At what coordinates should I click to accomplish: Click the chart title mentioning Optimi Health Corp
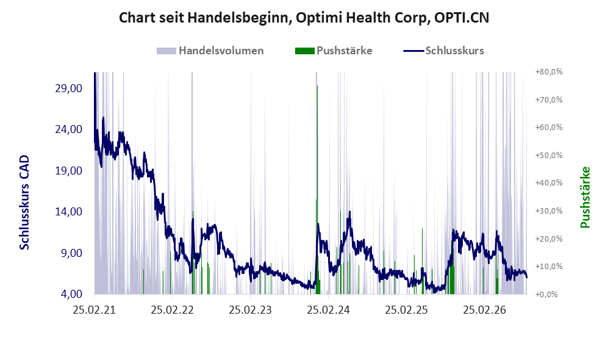pyautogui.click(x=304, y=18)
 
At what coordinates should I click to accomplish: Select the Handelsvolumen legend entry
pyautogui.click(x=210, y=51)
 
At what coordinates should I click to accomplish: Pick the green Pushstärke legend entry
pyautogui.click(x=334, y=51)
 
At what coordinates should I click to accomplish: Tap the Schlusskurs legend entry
pyautogui.click(x=443, y=51)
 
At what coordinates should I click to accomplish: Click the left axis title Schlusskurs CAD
pyautogui.click(x=24, y=202)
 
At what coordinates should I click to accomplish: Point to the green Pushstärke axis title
pyautogui.click(x=585, y=197)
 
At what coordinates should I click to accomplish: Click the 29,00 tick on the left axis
pyautogui.click(x=69, y=88)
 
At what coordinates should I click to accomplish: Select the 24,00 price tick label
pyautogui.click(x=69, y=129)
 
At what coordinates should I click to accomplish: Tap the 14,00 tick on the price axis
pyautogui.click(x=69, y=211)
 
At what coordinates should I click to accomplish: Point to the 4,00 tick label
pyautogui.click(x=71, y=293)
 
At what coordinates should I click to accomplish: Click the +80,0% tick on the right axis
pyautogui.click(x=549, y=72)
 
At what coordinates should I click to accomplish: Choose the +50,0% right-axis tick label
pyautogui.click(x=549, y=155)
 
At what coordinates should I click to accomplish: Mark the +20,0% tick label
pyautogui.click(x=549, y=239)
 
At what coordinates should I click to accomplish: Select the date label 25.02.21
pyautogui.click(x=95, y=310)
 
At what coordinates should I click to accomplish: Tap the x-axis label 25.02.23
pyautogui.click(x=250, y=310)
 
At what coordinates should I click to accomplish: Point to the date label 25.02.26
pyautogui.click(x=484, y=310)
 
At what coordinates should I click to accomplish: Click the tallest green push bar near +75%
pyautogui.click(x=317, y=190)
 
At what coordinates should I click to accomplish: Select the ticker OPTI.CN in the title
pyautogui.click(x=462, y=18)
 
